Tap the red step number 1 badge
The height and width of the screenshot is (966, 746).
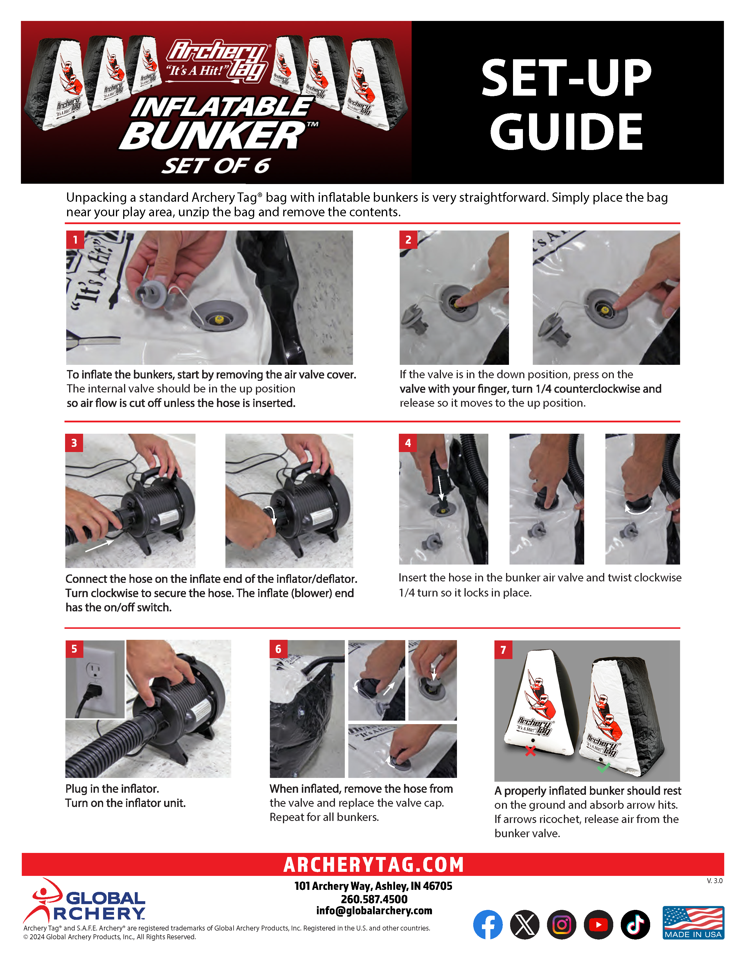pyautogui.click(x=75, y=240)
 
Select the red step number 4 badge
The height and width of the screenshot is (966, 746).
pyautogui.click(x=408, y=443)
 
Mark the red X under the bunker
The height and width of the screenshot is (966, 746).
pyautogui.click(x=530, y=751)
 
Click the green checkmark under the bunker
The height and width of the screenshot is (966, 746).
pyautogui.click(x=603, y=767)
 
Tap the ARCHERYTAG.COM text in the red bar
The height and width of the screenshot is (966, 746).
pyautogui.click(x=374, y=865)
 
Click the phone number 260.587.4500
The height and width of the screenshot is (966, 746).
pyautogui.click(x=374, y=899)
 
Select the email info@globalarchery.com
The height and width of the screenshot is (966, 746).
pyautogui.click(x=374, y=911)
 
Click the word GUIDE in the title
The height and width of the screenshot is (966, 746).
pyautogui.click(x=566, y=131)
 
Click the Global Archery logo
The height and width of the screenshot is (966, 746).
pyautogui.click(x=84, y=901)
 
